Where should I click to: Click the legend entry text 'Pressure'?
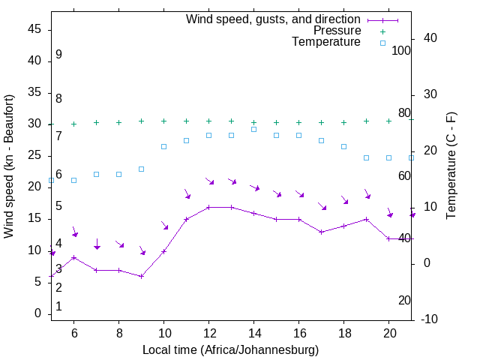tap(337, 31)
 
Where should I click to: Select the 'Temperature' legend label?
tap(326, 42)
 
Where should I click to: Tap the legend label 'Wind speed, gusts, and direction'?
tap(273, 19)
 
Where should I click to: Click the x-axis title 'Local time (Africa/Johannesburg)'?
tap(231, 349)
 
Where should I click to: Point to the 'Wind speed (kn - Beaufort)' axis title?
tap(9, 166)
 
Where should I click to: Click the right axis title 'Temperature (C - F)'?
tap(451, 166)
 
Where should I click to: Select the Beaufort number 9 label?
tap(58, 55)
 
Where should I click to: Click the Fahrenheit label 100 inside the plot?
tap(401, 50)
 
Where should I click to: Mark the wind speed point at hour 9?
tap(141, 276)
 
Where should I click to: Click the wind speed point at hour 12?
tap(208, 207)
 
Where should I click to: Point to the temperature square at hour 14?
tap(253, 129)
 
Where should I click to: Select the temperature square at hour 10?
tap(163, 146)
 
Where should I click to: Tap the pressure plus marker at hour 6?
tap(73, 124)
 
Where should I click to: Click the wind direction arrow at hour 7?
tap(97, 244)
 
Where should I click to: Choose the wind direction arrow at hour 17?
tap(322, 205)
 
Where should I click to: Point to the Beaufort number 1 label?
tap(58, 307)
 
